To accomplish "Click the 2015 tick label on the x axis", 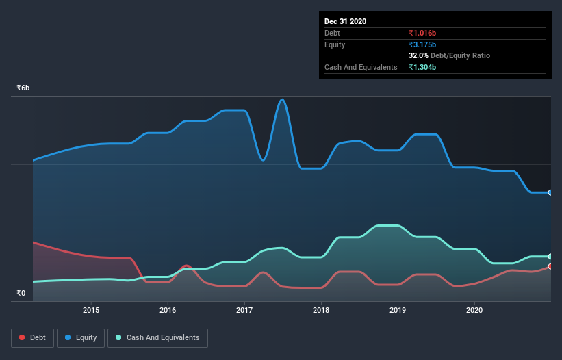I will (91, 310).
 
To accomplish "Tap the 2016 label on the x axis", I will (168, 310).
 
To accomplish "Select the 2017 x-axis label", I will (244, 310).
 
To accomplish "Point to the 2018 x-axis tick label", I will (321, 310).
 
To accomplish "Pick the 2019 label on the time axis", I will (398, 310).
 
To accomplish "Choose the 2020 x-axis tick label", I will (474, 310).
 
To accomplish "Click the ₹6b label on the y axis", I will (23, 88).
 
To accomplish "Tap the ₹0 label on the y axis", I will (21, 294).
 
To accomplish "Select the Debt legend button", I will (33, 338).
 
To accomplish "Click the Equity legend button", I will (81, 338).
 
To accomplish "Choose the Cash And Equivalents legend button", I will (157, 338).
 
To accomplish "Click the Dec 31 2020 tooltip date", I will (345, 21).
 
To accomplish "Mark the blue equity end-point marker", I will (550, 192).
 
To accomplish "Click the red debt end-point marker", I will (550, 266).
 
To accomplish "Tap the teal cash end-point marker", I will (550, 256).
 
